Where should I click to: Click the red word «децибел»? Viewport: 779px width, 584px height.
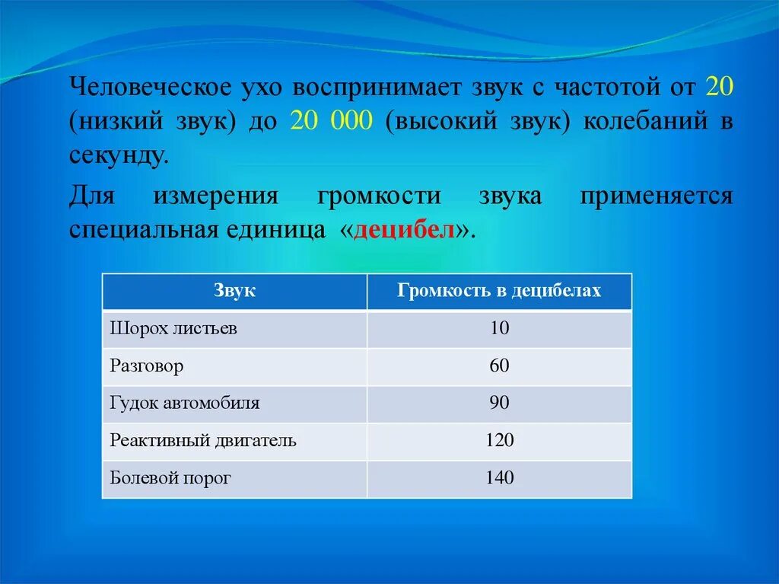click(410, 231)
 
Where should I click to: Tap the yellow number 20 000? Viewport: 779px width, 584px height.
click(330, 121)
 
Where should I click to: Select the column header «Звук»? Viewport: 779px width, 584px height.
click(234, 291)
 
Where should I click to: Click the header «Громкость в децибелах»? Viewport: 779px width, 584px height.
click(499, 291)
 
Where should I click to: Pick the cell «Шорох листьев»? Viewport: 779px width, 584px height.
click(173, 328)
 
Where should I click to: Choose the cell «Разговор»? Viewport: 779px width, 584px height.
click(147, 366)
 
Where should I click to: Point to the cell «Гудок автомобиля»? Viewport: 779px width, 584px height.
click(185, 404)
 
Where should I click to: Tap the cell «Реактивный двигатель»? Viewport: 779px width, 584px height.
click(203, 441)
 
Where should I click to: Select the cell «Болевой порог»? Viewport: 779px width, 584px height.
click(170, 479)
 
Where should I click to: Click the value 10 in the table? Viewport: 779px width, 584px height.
click(499, 328)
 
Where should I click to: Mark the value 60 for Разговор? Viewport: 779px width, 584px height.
click(499, 366)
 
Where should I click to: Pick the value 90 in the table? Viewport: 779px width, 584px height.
click(499, 404)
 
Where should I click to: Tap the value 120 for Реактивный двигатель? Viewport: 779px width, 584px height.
click(499, 441)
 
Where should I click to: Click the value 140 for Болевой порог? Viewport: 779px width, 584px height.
click(499, 479)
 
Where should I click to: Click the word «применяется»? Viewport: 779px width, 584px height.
click(657, 196)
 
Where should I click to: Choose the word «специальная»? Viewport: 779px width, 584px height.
click(144, 231)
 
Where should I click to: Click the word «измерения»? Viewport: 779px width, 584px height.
click(217, 196)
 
